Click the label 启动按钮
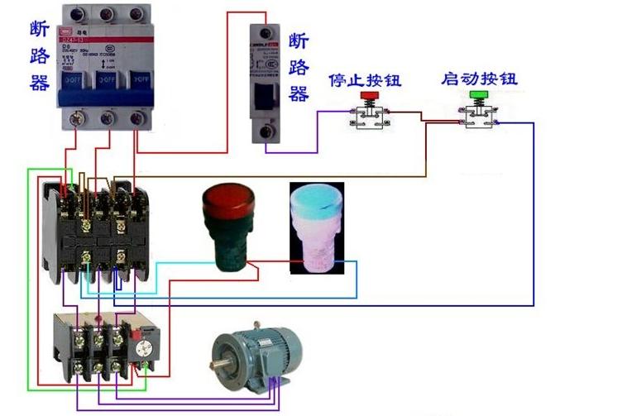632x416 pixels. pyautogui.click(x=479, y=79)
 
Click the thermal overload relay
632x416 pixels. pyautogui.click(x=104, y=347)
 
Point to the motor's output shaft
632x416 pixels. pyautogui.click(x=218, y=362)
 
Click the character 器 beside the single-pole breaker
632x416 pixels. pyautogui.click(x=299, y=93)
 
